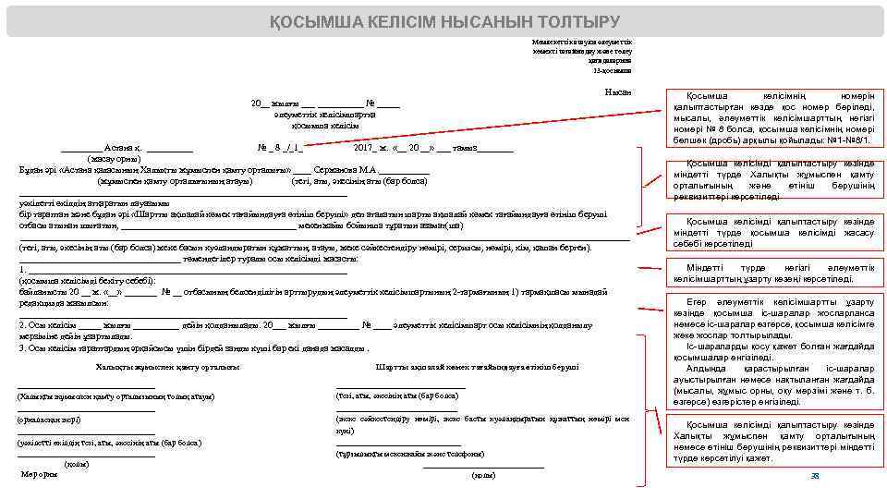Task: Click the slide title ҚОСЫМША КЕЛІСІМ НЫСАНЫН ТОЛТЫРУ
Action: (444, 21)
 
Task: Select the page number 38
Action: (815, 475)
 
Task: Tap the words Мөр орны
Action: (39, 474)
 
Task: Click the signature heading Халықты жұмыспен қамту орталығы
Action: (167, 367)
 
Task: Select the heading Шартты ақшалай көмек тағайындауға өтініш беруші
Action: (478, 367)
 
